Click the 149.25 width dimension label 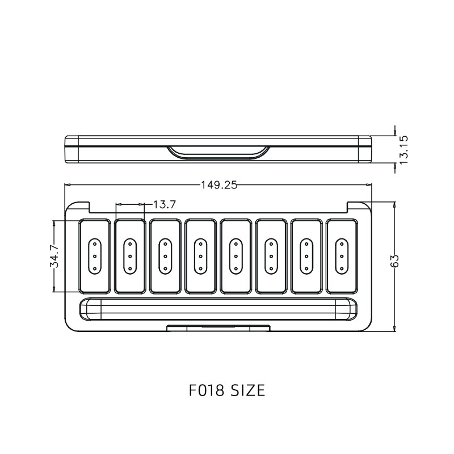(x=218, y=184)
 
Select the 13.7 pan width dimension (x=164, y=204)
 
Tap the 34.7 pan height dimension (x=54, y=257)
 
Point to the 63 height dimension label (x=396, y=260)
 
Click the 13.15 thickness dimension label (x=404, y=150)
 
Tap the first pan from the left (x=94, y=256)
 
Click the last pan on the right (x=342, y=256)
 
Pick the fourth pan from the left (x=200, y=256)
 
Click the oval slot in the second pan (x=129, y=256)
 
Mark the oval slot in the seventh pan (x=306, y=256)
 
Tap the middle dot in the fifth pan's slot (x=236, y=256)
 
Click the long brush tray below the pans (x=218, y=310)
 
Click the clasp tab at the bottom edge (x=218, y=327)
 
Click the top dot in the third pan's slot (x=165, y=247)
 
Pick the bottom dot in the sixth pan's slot (x=271, y=266)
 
